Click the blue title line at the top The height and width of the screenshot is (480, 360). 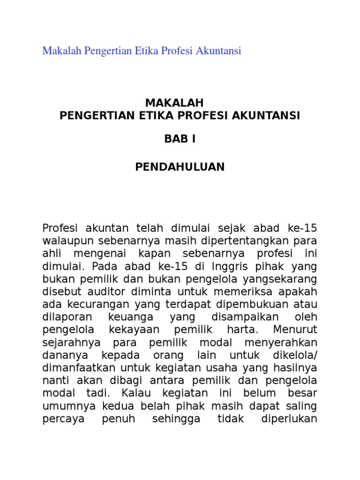142,51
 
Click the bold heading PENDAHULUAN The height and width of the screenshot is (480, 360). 180,167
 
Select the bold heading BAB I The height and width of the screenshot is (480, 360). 180,139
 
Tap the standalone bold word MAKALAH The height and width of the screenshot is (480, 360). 180,103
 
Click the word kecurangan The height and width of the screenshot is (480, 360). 84,303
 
